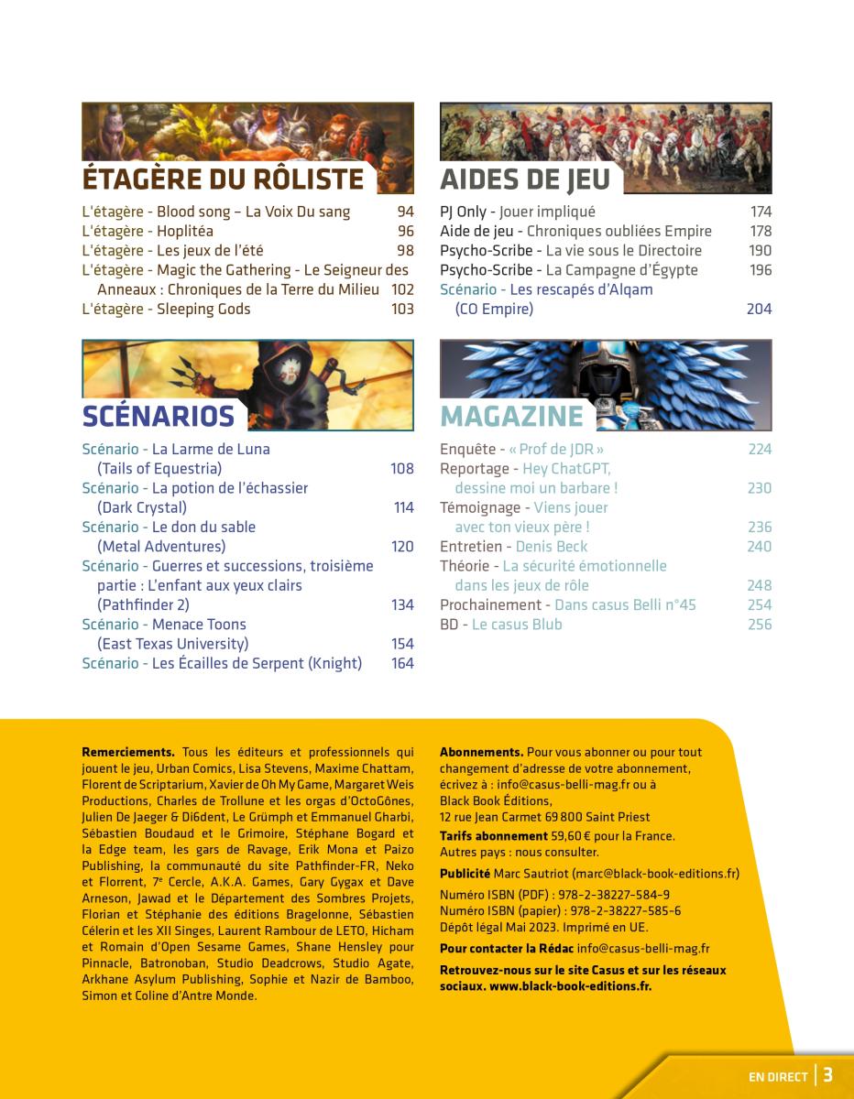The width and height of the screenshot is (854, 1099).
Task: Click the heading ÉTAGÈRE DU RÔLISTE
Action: (x=223, y=178)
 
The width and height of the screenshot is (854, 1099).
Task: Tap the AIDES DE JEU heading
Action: (x=524, y=178)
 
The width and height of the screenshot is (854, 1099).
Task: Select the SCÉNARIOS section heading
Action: (x=159, y=416)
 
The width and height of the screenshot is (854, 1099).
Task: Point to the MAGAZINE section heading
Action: (x=511, y=416)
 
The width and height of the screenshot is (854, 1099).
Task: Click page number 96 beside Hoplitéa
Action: (x=405, y=232)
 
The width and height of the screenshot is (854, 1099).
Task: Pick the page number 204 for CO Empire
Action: (x=759, y=310)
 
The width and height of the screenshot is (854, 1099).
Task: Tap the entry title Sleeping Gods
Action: (x=203, y=310)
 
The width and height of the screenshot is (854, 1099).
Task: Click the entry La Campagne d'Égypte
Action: (x=621, y=270)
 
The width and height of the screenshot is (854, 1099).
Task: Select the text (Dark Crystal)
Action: (x=142, y=508)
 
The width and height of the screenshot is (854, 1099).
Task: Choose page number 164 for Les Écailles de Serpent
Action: (x=402, y=664)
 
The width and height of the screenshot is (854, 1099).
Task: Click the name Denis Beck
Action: (x=552, y=547)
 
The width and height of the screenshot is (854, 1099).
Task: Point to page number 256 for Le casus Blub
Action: (x=759, y=625)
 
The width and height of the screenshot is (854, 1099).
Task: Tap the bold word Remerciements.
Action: (x=128, y=753)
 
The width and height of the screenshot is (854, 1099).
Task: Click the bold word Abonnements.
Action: (x=481, y=753)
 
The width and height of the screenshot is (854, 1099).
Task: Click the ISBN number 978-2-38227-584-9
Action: (x=608, y=895)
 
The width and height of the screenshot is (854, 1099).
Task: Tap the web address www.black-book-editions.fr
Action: (x=570, y=987)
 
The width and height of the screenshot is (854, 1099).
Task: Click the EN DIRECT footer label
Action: (x=778, y=1077)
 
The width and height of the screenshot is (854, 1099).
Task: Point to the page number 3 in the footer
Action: (x=827, y=1075)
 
